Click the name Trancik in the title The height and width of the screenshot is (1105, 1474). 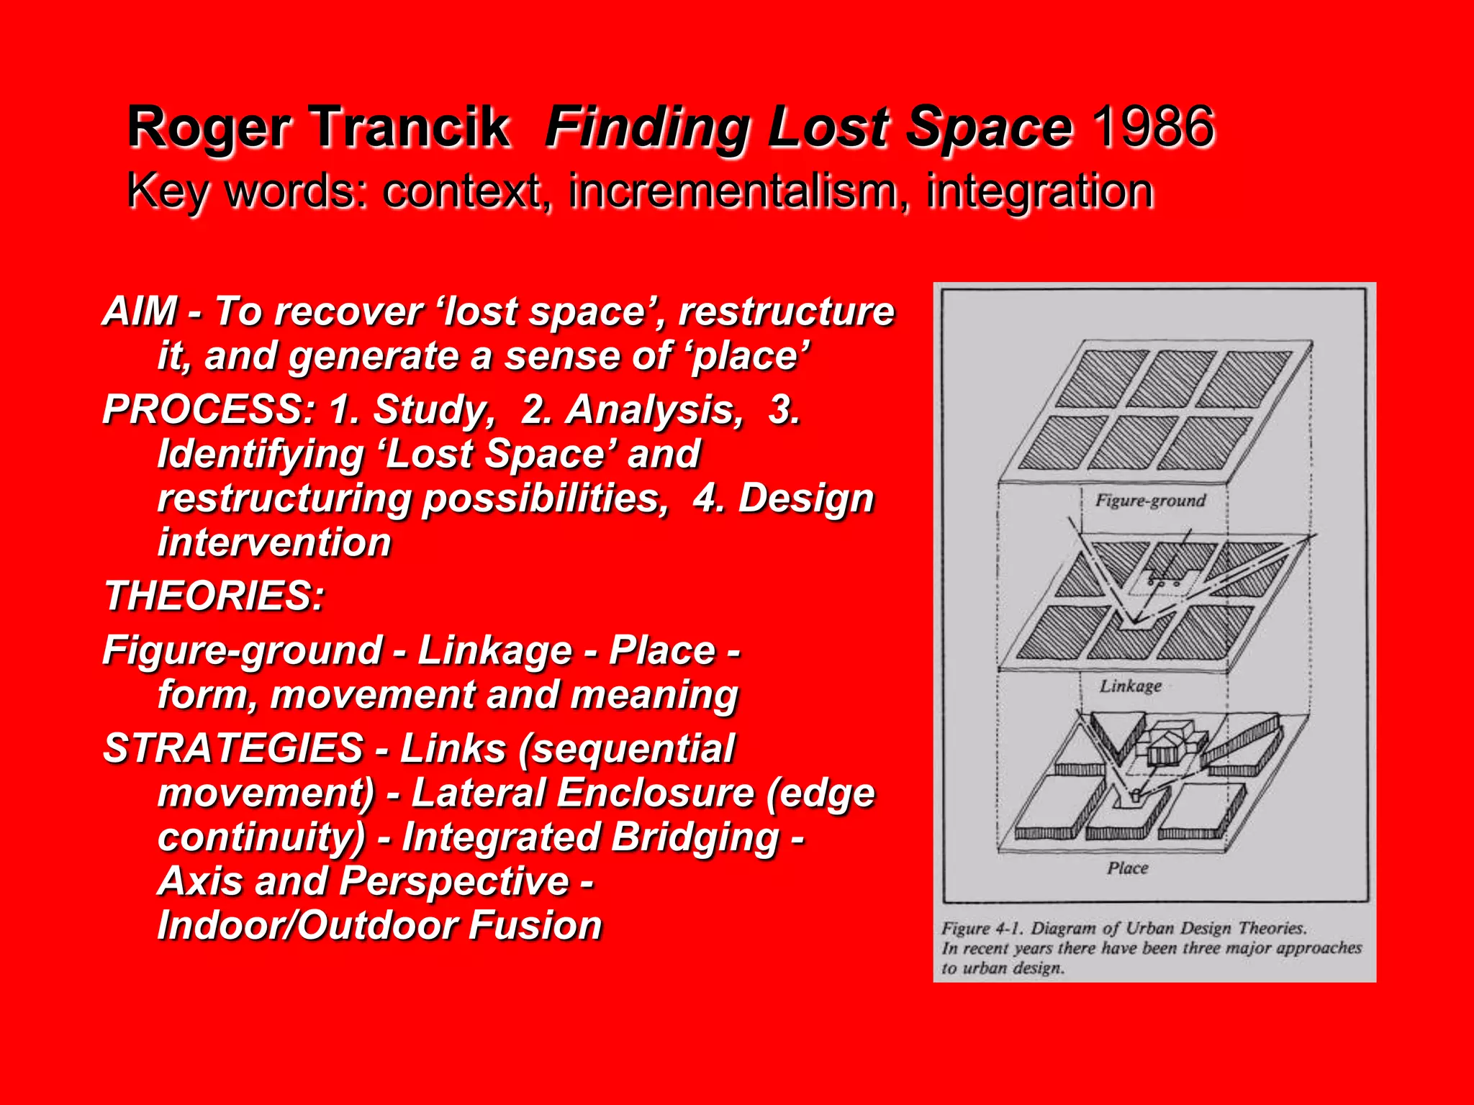click(411, 127)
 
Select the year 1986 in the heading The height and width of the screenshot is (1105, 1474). click(1154, 127)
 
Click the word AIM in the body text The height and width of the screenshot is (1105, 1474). click(140, 312)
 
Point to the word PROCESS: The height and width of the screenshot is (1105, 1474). click(209, 409)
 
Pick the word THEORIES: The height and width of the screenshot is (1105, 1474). click(214, 596)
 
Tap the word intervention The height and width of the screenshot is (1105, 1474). click(274, 542)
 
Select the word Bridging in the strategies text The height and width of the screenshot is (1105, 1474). click(695, 837)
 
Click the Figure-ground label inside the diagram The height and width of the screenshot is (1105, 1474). click(1150, 501)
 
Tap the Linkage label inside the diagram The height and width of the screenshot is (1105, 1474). click(1130, 686)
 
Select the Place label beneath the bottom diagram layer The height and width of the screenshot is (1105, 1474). click(1128, 868)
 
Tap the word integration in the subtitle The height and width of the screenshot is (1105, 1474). click(1040, 191)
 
